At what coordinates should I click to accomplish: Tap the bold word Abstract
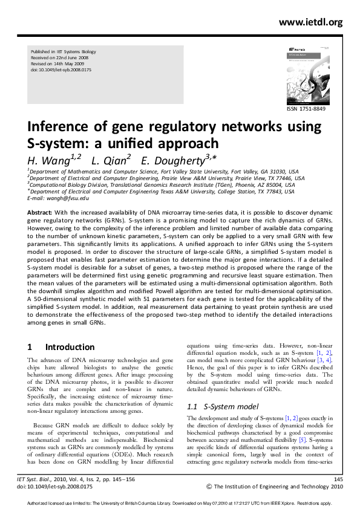coord(39,213)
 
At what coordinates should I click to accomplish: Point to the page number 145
coord(338,478)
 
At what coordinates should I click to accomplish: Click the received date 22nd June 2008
coord(68,59)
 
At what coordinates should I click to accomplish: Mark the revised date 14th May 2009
coord(67,65)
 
